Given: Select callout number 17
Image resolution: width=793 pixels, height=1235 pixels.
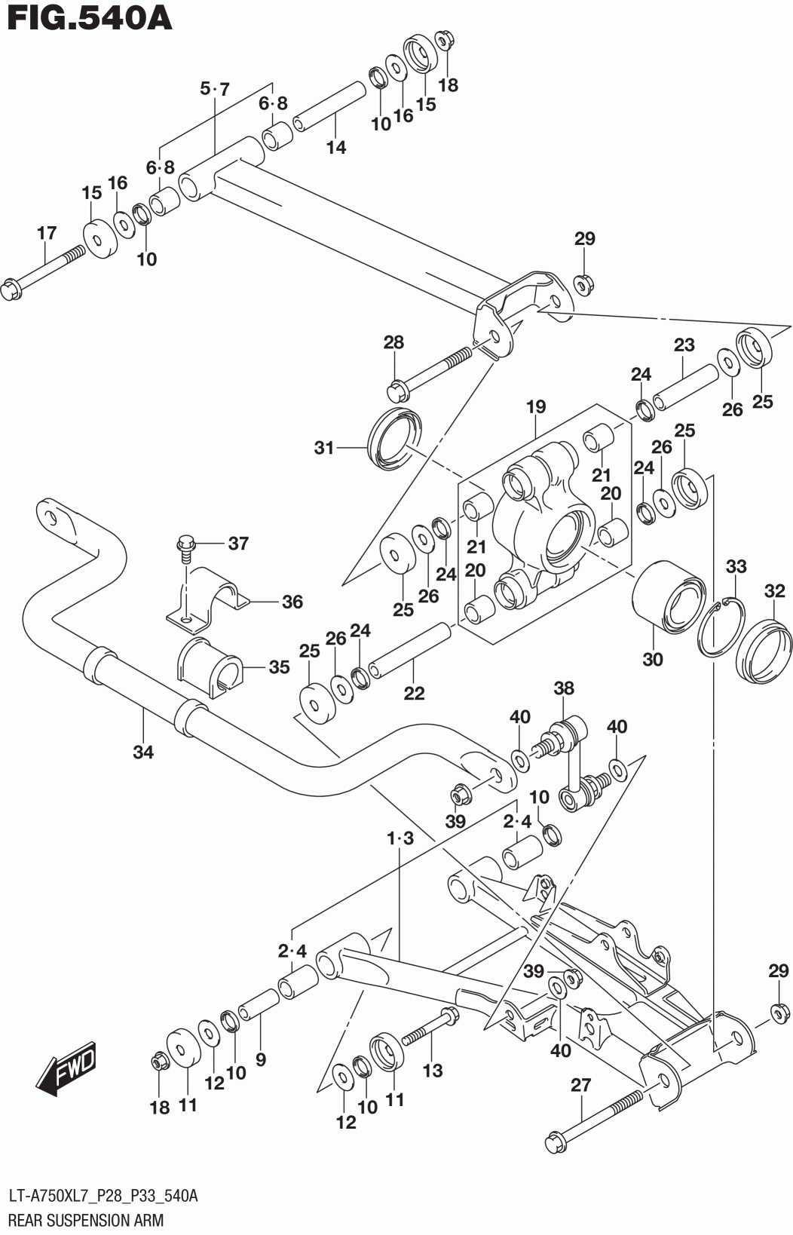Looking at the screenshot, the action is click(x=47, y=233).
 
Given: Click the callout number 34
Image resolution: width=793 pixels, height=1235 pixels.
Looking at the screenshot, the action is click(x=143, y=752).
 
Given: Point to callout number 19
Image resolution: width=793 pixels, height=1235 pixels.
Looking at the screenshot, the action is click(x=536, y=407).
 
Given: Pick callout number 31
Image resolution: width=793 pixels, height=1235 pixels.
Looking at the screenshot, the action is click(x=324, y=449).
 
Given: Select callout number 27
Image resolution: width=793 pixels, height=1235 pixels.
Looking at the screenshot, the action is click(x=581, y=1085).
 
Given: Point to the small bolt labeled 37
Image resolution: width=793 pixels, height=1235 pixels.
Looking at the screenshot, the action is click(x=185, y=549).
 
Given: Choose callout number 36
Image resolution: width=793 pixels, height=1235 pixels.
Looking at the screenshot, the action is click(x=292, y=602).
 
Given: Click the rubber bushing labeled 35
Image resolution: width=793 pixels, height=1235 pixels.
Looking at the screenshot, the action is click(x=208, y=667).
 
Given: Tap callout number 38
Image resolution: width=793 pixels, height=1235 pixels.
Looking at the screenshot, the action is click(x=564, y=688).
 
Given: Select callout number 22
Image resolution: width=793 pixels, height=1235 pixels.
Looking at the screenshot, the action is click(x=414, y=693).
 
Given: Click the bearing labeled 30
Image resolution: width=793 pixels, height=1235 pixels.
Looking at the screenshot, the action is click(x=669, y=598).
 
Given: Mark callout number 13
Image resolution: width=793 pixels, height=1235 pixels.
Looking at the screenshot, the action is click(x=433, y=1071).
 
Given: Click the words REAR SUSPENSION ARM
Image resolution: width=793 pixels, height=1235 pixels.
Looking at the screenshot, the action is click(x=87, y=1220).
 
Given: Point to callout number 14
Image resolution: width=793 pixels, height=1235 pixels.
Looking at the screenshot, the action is click(x=336, y=147).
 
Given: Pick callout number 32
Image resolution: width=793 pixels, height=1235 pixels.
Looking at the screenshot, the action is click(x=774, y=591).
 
